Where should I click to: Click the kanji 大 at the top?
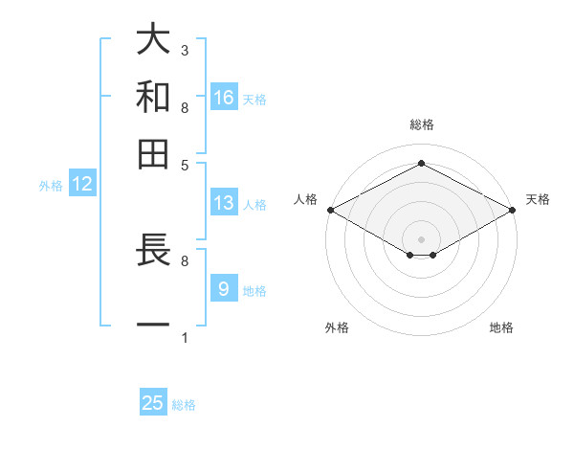tap(153, 41)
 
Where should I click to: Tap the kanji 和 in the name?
tap(153, 97)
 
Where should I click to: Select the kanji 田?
tap(153, 153)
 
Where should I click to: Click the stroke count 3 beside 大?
tap(185, 50)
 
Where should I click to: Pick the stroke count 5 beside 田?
tap(185, 164)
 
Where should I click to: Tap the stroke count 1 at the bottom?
tap(185, 337)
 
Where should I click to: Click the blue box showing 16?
tap(224, 97)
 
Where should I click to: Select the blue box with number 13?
tap(224, 203)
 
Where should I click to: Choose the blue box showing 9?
tap(224, 288)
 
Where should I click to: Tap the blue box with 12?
tap(82, 184)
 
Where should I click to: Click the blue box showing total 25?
tap(153, 403)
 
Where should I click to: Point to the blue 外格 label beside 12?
tap(51, 186)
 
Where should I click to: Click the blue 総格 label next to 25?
tap(184, 405)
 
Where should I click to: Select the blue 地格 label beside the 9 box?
tap(254, 290)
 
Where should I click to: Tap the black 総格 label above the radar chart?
tap(421, 124)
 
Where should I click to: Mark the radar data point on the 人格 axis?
tap(329, 210)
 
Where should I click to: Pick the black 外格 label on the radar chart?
tap(337, 328)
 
